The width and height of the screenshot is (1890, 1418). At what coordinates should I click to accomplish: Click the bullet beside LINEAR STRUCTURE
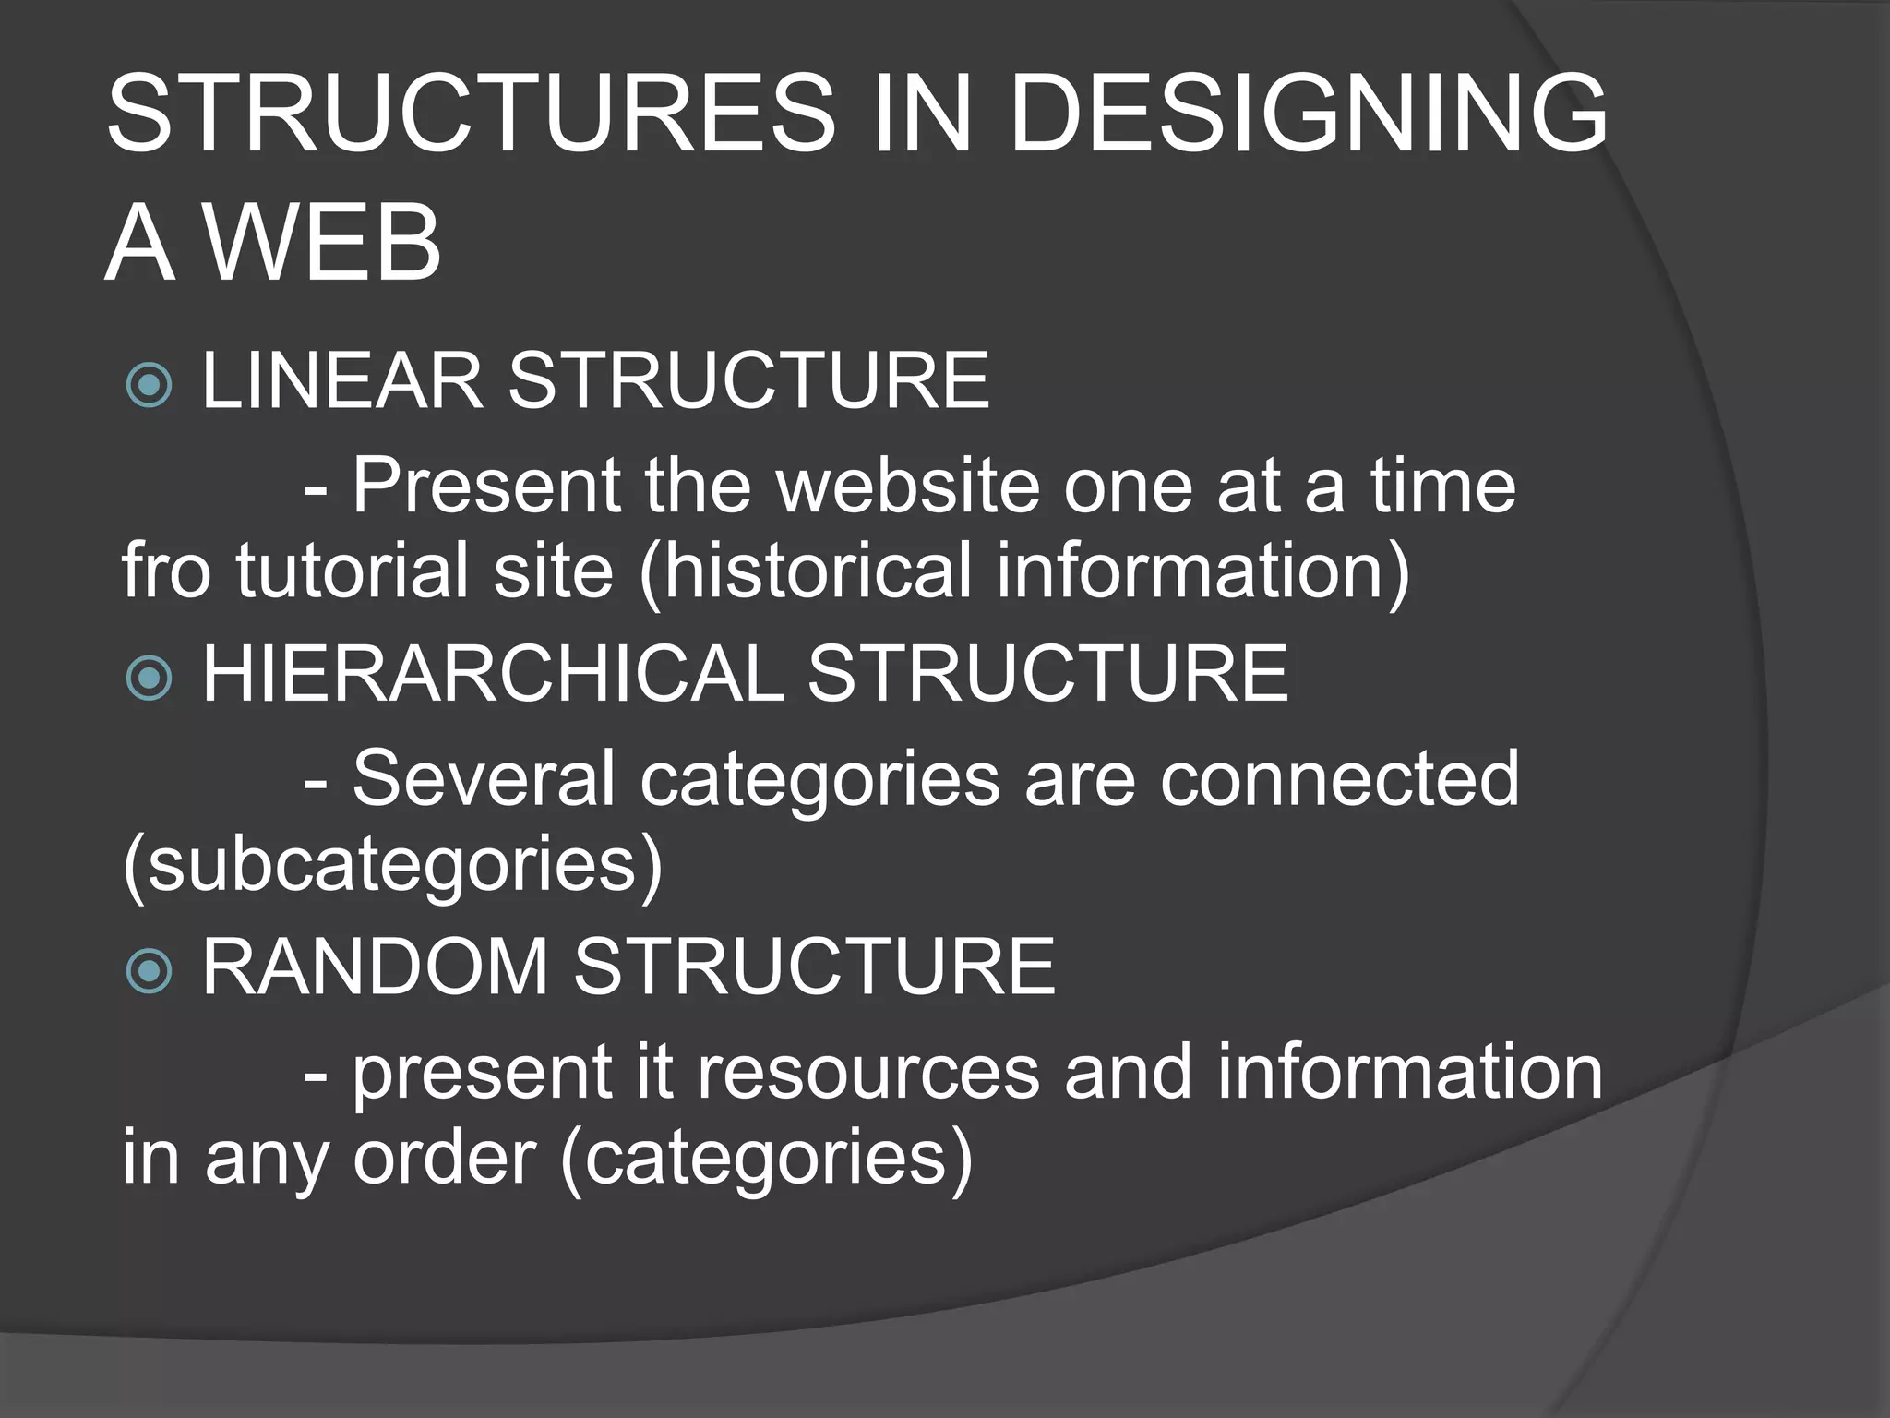(149, 384)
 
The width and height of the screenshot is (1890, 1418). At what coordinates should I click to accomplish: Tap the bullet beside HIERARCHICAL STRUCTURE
(149, 679)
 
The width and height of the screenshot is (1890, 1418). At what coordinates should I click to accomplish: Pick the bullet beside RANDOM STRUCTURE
(149, 970)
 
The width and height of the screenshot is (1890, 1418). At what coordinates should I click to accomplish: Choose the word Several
(484, 778)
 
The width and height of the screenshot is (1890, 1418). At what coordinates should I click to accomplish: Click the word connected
(1339, 778)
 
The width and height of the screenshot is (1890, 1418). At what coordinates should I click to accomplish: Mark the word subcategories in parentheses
(392, 865)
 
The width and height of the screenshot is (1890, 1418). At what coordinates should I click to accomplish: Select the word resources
(868, 1072)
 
